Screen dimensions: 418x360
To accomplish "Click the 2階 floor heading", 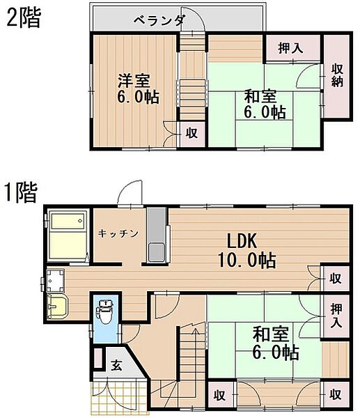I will coord(23,17).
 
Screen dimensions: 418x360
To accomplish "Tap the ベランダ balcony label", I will coord(159,20).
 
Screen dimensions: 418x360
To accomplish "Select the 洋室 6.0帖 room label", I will coord(136,88).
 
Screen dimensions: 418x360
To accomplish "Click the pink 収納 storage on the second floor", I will coord(338,76).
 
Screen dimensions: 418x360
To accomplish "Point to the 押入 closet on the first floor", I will coord(336,314).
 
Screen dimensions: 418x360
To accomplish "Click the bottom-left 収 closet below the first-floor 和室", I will coord(220,394).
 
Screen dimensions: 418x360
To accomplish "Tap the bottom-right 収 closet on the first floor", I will coord(336,394).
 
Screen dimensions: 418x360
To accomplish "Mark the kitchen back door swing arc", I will coord(128,192).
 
